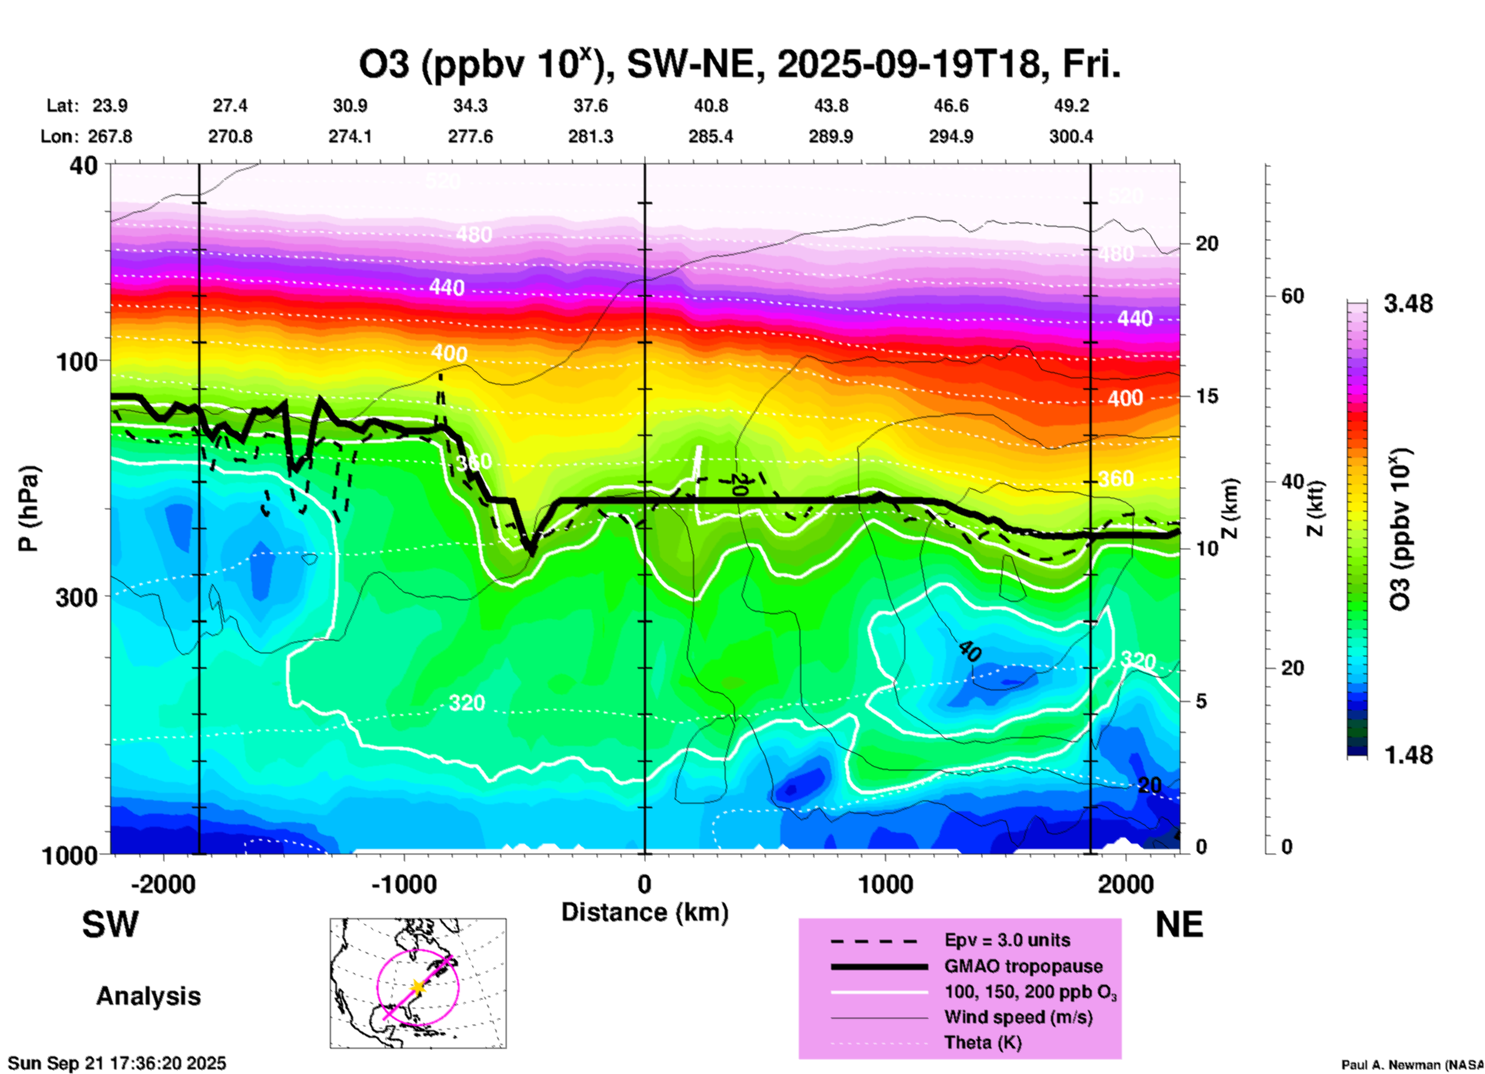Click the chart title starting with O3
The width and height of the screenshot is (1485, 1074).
739,65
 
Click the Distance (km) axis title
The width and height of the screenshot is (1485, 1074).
645,912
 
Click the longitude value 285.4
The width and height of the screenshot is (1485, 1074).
710,136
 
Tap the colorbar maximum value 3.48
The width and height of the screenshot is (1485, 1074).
1408,304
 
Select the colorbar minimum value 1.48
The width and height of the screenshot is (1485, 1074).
1408,755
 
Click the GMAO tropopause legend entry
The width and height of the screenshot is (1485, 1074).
1023,966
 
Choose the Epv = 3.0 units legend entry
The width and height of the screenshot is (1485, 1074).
1007,940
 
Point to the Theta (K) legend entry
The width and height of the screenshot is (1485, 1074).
982,1042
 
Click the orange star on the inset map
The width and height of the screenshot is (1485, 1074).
418,986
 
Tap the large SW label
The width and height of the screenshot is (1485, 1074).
110,925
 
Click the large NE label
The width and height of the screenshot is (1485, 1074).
1179,925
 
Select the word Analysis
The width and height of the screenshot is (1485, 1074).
148,996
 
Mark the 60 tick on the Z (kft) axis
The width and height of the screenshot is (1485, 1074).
1292,296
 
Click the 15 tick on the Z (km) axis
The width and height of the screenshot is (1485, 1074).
1207,396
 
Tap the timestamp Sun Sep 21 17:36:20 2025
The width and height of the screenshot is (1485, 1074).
117,1063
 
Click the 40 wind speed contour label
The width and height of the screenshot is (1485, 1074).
970,652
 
